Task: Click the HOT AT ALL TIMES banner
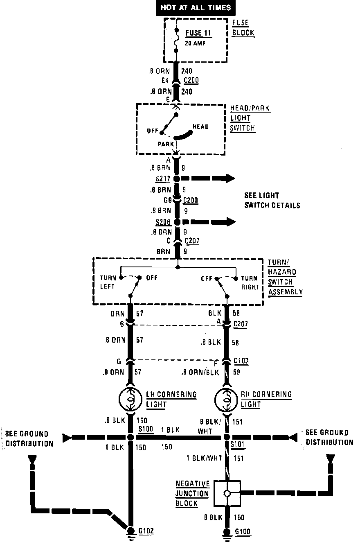pyautogui.click(x=196, y=7)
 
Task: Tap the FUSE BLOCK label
pyautogui.click(x=243, y=28)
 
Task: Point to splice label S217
pyautogui.click(x=162, y=179)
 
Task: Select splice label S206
pyautogui.click(x=162, y=222)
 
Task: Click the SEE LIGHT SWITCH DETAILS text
pyautogui.click(x=272, y=200)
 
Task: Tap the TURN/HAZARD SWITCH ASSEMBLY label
pyautogui.click(x=285, y=277)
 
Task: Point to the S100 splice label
pyautogui.click(x=146, y=429)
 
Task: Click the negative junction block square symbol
pyautogui.click(x=227, y=493)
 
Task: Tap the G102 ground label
pyautogui.click(x=146, y=531)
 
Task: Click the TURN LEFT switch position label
pyautogui.click(x=108, y=282)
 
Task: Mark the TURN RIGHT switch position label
pyautogui.click(x=250, y=282)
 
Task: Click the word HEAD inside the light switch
pyautogui.click(x=200, y=126)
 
